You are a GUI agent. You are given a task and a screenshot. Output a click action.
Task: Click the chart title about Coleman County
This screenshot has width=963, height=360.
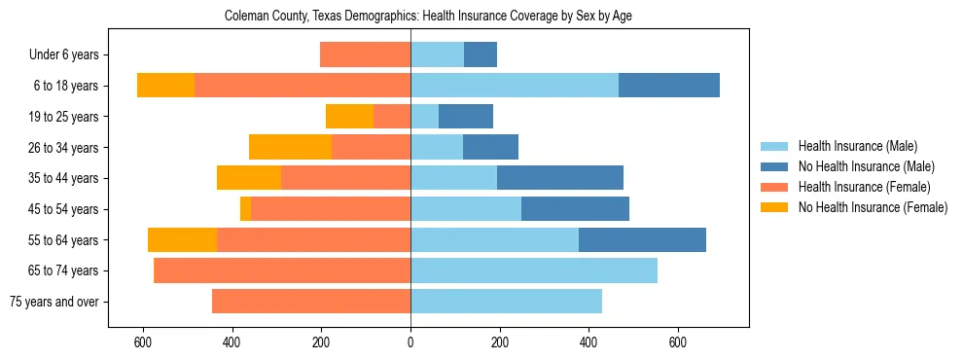[428, 17]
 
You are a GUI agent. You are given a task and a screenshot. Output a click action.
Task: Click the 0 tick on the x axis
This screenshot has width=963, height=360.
[410, 342]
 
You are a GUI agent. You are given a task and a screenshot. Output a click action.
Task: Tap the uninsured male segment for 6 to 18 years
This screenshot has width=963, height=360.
[669, 86]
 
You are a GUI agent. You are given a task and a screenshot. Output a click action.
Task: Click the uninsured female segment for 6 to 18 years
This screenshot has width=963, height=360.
[165, 86]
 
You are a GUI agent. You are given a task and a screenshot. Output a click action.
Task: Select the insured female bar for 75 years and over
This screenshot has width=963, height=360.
[311, 302]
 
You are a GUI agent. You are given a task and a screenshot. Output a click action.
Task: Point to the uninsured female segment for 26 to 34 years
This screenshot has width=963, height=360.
[290, 147]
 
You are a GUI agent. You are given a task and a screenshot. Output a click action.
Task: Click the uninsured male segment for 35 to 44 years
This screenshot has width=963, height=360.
[560, 178]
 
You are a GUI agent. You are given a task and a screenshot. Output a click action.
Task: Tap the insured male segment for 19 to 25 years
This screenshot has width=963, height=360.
[424, 117]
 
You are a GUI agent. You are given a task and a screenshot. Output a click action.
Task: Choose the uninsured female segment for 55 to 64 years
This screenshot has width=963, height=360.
[182, 239]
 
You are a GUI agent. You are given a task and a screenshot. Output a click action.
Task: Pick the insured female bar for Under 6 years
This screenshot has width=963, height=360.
[365, 55]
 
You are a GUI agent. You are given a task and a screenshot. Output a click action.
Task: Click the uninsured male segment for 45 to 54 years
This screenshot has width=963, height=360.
[575, 209]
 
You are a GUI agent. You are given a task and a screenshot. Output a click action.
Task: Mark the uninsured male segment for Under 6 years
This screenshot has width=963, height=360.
[481, 55]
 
